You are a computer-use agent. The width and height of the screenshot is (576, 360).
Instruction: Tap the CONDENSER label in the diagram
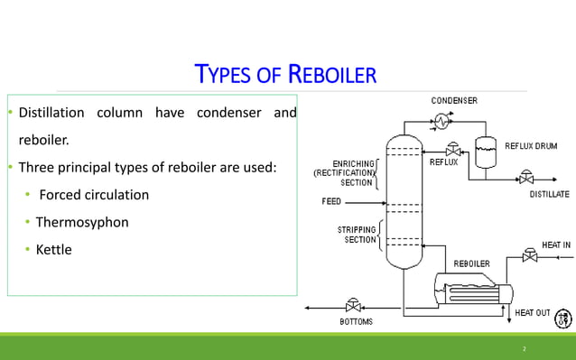(x=454, y=100)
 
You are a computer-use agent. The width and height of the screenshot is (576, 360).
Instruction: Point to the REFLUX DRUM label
(x=531, y=145)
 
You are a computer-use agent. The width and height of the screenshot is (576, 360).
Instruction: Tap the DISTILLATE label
(x=549, y=194)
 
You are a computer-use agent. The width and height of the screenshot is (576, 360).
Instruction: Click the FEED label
(x=331, y=201)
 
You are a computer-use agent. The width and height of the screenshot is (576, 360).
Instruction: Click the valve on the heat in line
(x=530, y=257)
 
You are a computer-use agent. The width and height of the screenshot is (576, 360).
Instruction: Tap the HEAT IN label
(x=555, y=245)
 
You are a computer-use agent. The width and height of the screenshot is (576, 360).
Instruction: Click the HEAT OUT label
(x=532, y=313)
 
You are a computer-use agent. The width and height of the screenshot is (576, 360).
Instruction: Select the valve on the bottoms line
(x=353, y=307)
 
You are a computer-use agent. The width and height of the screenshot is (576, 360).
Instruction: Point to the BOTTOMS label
(x=355, y=321)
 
